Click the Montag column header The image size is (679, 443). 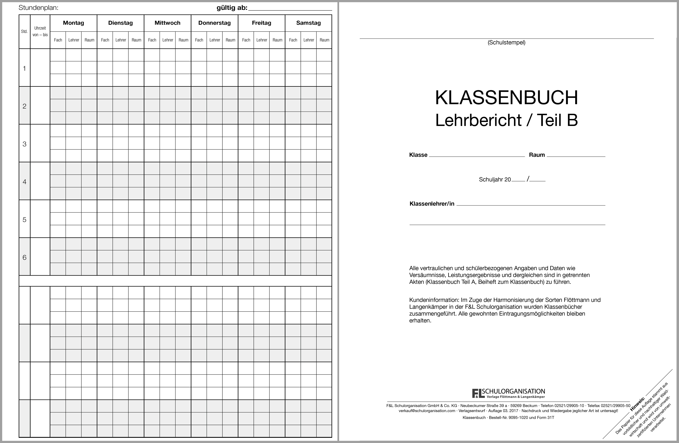(x=73, y=23)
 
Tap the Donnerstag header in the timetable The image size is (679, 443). (x=214, y=23)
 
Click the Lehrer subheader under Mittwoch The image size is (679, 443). (x=168, y=40)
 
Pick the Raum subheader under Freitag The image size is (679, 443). (x=277, y=40)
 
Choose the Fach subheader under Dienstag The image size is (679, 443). (x=105, y=40)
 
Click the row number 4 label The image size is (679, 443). (x=25, y=182)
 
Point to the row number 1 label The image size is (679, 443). (x=25, y=68)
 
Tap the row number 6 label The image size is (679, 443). (x=25, y=257)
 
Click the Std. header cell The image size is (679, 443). (x=25, y=31)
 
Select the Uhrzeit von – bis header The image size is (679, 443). (x=40, y=31)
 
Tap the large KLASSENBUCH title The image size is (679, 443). (x=506, y=98)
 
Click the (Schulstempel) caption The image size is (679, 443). (x=506, y=42)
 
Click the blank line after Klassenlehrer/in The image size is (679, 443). (x=531, y=204)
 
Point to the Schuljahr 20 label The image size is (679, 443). (x=495, y=179)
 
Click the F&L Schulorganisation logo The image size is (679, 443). (x=508, y=393)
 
